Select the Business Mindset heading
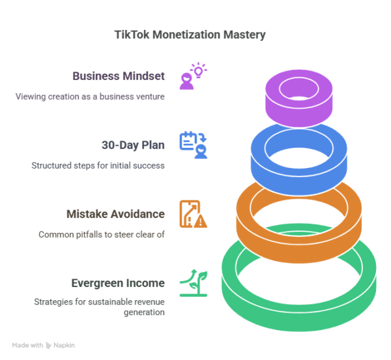coord(119,76)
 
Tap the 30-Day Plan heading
coord(133,145)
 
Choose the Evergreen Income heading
coord(118,283)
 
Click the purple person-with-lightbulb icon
coord(193,76)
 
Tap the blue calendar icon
coord(193,145)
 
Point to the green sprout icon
coord(193,283)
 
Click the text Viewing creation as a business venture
coord(90,97)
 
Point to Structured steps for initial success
coord(98,165)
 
